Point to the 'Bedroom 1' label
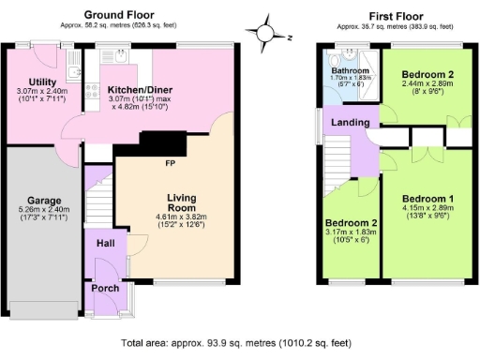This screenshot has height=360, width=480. click(427, 199)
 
